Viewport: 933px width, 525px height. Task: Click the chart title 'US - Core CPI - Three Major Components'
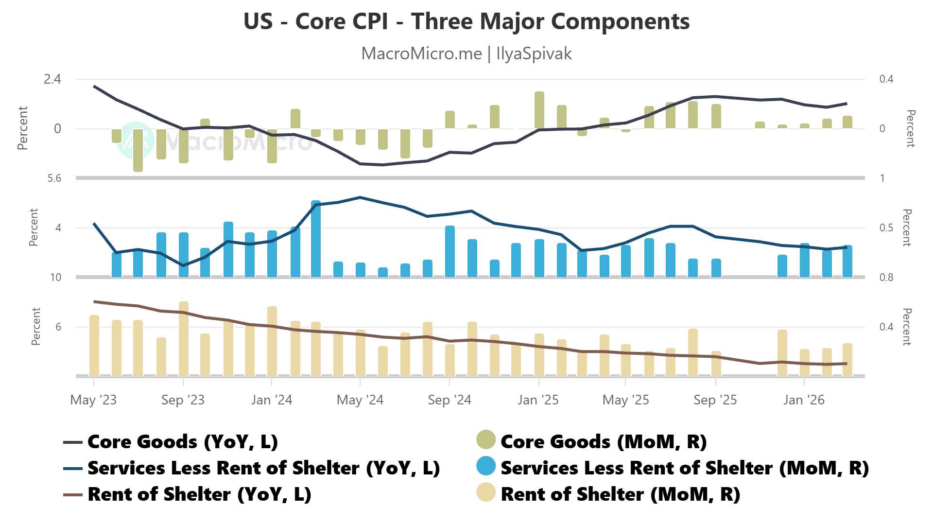(466, 21)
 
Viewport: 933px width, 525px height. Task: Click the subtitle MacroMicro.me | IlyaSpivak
(466, 53)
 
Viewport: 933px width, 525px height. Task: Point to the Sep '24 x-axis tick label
(449, 400)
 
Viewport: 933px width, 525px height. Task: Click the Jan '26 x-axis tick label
(804, 400)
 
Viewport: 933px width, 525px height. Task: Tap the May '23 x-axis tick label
(93, 400)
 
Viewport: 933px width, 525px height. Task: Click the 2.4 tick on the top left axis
(52, 79)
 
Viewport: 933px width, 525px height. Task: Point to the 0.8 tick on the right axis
(886, 278)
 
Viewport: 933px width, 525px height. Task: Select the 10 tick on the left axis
(55, 278)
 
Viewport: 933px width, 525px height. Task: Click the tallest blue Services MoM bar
(316, 238)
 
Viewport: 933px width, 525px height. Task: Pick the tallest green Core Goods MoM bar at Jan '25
(539, 110)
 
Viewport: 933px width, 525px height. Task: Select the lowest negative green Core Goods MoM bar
(138, 150)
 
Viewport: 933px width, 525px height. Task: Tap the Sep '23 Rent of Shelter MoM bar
(184, 339)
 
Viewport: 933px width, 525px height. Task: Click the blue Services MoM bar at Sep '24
(450, 251)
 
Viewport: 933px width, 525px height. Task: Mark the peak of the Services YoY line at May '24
(360, 197)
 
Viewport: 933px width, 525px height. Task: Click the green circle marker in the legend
(485, 439)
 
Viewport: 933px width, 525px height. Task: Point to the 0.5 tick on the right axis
(886, 228)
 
